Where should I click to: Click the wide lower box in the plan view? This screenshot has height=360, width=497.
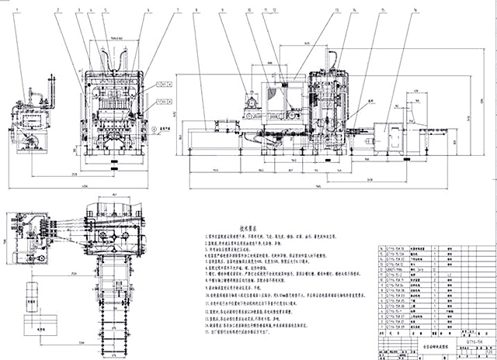(x=33, y=325)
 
